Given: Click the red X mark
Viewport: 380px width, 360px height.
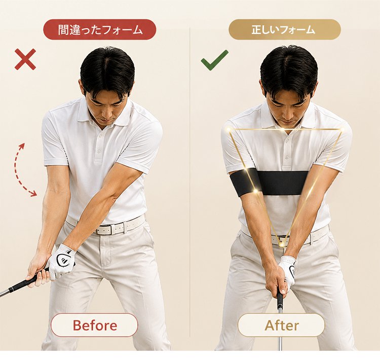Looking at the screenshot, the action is click(25, 59).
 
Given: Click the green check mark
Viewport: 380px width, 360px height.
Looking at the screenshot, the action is click(214, 61).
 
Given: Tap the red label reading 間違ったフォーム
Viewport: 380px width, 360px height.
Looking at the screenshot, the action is click(100, 29).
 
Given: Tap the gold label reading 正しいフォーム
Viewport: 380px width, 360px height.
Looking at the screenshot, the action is click(285, 29).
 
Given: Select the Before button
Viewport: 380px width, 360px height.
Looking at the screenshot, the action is click(94, 325).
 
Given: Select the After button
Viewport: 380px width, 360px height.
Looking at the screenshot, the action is click(281, 325).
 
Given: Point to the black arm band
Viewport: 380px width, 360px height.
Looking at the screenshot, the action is click(268, 183).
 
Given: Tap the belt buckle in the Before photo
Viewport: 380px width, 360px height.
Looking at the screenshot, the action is click(104, 230).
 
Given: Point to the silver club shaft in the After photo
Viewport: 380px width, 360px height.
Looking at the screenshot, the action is click(280, 325).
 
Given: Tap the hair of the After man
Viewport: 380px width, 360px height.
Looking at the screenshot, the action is click(289, 65).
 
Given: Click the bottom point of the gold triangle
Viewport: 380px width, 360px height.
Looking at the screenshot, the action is click(281, 244).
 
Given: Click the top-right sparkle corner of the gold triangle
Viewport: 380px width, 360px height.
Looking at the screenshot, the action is click(343, 130).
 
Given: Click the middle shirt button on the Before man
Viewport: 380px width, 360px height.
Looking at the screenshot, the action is click(99, 151).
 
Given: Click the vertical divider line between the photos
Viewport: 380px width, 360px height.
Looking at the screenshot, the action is click(190, 182).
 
